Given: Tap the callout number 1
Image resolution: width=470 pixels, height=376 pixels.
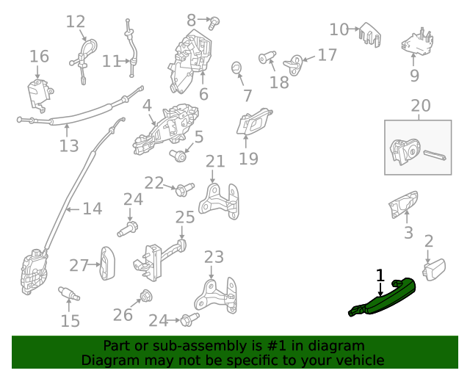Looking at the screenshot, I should [x=380, y=275].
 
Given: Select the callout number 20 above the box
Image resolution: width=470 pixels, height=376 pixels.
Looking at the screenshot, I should [x=420, y=106].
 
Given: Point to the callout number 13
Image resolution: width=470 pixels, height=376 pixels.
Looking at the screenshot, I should [x=68, y=146].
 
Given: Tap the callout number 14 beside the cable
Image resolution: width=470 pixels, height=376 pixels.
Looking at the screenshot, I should [x=92, y=209].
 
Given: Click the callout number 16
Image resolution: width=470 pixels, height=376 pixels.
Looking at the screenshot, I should [x=39, y=57].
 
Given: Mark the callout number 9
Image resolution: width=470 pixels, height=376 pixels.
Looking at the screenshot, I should [x=414, y=75].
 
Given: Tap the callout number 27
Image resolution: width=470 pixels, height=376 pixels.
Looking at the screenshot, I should [x=79, y=264].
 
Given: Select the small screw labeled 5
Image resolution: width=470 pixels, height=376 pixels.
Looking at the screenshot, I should [x=179, y=155].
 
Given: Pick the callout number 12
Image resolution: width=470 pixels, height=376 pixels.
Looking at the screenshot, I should [x=76, y=21].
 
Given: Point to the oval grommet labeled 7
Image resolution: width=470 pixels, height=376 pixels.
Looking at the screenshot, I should [x=236, y=68].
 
